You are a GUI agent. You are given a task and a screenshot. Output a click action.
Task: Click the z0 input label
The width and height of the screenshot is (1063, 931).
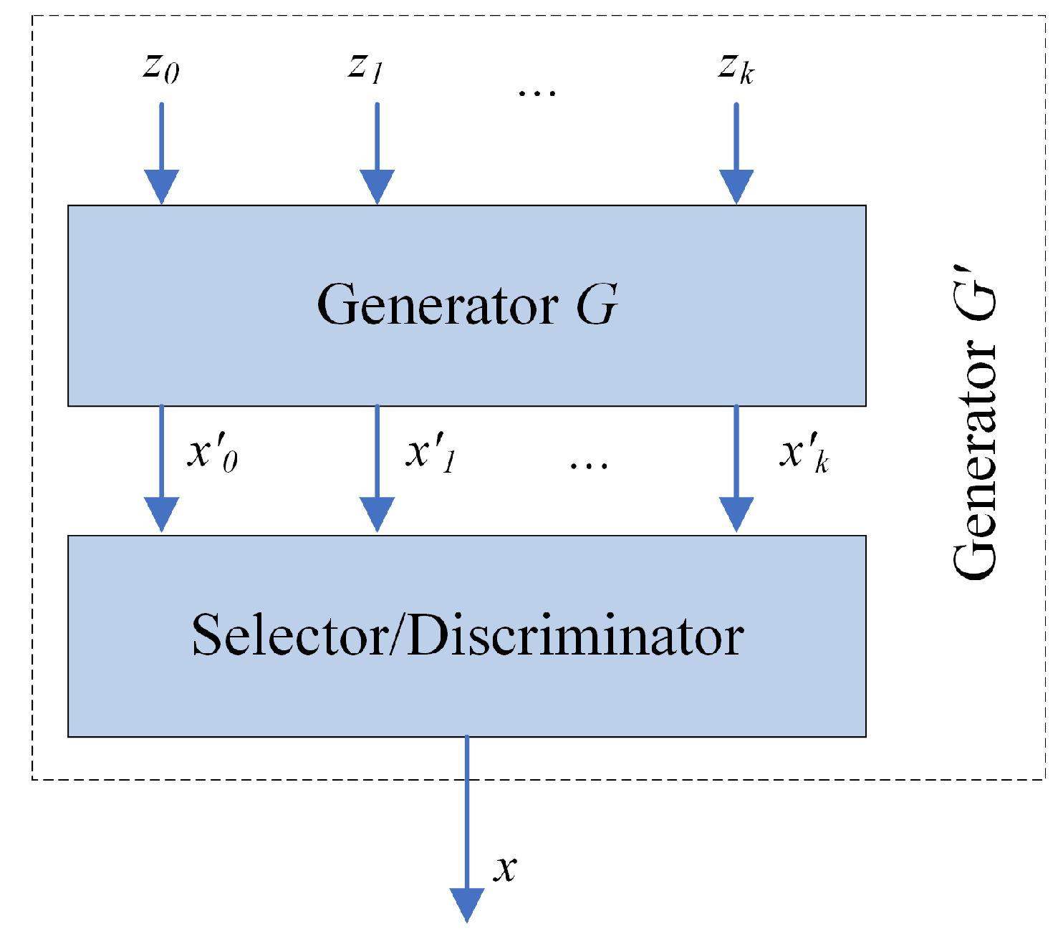[x=161, y=69]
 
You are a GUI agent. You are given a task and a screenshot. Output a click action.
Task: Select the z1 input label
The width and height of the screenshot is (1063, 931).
[x=366, y=69]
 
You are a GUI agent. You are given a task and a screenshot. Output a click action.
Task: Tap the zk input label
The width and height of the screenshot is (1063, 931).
[x=736, y=69]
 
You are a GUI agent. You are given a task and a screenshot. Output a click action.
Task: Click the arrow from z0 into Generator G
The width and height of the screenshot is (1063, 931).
[x=162, y=154]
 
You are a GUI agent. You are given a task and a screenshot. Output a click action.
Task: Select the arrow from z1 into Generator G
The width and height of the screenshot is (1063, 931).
[x=377, y=154]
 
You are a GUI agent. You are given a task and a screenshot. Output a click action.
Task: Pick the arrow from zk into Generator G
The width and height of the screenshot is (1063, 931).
[x=736, y=154]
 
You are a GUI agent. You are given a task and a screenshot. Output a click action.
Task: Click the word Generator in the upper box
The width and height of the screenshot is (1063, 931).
[x=437, y=305]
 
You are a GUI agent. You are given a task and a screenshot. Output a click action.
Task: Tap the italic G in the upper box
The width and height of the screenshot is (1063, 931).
[x=597, y=305]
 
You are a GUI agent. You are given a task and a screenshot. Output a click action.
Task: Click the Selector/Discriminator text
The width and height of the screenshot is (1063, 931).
[x=468, y=636]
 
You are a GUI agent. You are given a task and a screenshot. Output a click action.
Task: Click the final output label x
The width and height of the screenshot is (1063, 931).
[x=506, y=868]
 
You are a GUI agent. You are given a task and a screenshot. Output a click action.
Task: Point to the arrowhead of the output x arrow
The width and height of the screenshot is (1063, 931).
[x=467, y=905]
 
